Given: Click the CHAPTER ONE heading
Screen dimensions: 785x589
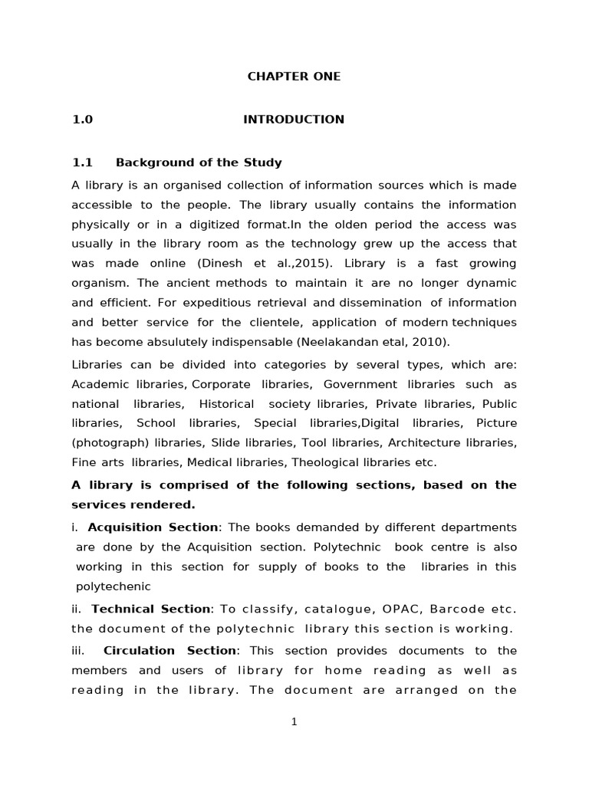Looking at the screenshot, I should tap(294, 77).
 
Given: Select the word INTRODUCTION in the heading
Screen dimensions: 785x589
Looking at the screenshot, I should tap(294, 120).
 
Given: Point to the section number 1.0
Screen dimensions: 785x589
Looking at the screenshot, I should tap(82, 120).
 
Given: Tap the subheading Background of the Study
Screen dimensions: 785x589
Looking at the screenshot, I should tap(199, 163).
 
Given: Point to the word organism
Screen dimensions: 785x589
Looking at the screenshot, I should tap(96, 282).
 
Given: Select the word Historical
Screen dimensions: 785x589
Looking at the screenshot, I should tap(226, 404).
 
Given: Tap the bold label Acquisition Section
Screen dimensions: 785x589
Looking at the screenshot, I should tap(153, 527).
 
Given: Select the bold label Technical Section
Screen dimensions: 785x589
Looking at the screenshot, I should tap(151, 609).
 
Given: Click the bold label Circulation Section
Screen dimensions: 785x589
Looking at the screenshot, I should tap(169, 650).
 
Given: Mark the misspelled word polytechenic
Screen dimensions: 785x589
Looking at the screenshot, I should tap(114, 586).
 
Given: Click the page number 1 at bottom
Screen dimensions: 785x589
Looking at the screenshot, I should tap(294, 722).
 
